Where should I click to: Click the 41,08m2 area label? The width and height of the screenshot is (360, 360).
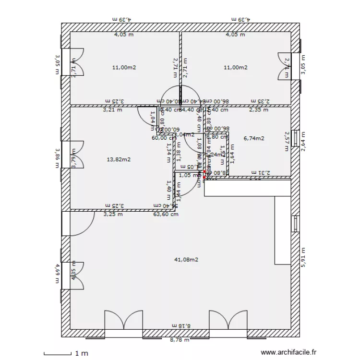pos(186,260)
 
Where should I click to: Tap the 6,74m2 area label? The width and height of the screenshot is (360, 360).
pos(254,138)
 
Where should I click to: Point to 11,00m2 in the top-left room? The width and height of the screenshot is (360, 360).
pos(124,68)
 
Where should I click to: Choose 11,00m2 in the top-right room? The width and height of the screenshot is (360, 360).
pos(236,68)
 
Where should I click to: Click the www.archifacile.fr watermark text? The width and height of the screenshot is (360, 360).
pos(289,352)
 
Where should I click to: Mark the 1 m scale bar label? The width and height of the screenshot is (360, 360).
pos(81,353)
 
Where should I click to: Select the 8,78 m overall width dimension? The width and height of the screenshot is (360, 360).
pos(180,340)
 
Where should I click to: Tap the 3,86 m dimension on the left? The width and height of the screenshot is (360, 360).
pos(57,158)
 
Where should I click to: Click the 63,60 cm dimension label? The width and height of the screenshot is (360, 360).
pos(166,214)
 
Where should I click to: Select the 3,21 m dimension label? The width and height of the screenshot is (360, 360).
pos(112,109)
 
